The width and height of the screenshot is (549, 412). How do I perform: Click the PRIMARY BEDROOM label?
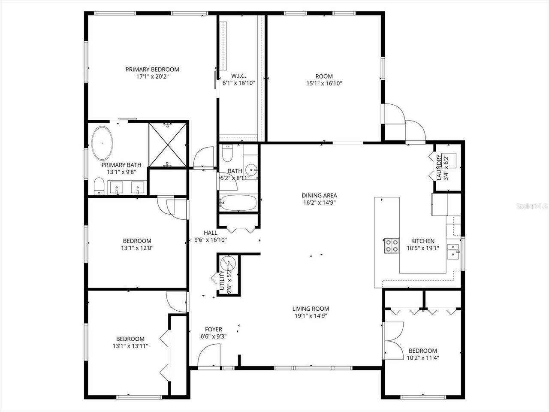[152, 69]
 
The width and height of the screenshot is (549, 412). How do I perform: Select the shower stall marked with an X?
[168, 144]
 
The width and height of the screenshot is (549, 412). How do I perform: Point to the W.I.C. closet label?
[238, 76]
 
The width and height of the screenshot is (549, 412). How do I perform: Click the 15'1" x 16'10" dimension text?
[324, 84]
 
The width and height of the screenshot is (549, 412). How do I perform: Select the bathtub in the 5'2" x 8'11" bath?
[238, 203]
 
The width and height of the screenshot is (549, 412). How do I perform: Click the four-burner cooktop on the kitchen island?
[391, 245]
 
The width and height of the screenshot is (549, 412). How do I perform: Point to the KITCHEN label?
[422, 241]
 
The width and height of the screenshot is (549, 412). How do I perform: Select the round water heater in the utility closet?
[226, 263]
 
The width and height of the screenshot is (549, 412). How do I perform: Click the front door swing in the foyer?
[210, 356]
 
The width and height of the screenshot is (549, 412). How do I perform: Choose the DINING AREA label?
[319, 196]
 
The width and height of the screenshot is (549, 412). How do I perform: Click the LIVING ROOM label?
[311, 309]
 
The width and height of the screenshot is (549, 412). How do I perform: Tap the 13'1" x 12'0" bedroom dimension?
[137, 248]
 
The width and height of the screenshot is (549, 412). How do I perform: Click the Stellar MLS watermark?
[532, 206]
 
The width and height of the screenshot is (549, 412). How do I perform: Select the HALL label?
[210, 233]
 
